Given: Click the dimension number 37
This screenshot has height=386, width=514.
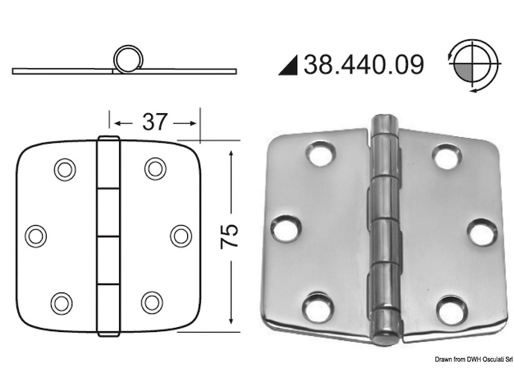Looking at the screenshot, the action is [155, 122].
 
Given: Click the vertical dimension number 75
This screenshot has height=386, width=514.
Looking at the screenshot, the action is [229, 236].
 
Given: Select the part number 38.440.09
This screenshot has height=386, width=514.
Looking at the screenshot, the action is [364, 65].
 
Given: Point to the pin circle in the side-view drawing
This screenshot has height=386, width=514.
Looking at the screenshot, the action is [128, 59].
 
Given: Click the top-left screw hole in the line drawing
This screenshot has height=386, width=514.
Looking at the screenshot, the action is [65, 170].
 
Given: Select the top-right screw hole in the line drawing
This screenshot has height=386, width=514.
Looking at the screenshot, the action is [155, 169].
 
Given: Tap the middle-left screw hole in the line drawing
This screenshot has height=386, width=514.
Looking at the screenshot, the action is [36, 236].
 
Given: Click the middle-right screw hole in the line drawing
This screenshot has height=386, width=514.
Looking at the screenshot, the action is [181, 236].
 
